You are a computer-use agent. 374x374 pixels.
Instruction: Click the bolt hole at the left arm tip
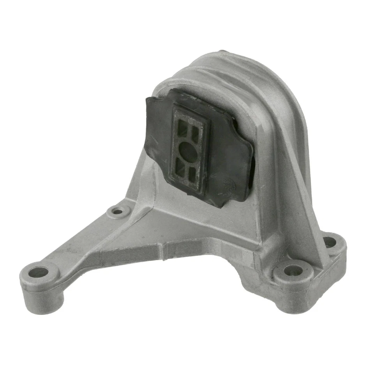(38, 272)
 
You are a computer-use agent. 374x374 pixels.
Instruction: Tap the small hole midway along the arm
(117, 212)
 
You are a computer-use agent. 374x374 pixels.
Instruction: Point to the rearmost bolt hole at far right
(330, 242)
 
